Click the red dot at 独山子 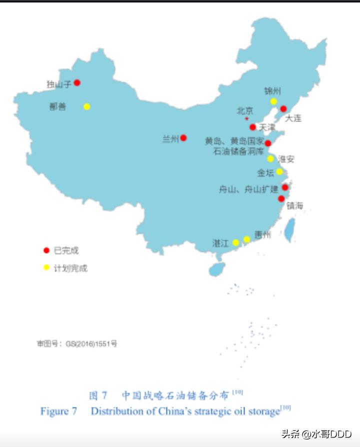77,82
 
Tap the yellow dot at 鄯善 86,106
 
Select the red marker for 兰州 183,137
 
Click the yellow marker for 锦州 273,101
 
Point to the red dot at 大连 283,109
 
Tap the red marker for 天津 253,127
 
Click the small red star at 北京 246,119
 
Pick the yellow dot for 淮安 270,159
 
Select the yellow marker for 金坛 279,171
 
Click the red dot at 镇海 281,198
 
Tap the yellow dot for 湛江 236,242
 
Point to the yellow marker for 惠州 246,239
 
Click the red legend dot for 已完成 46,250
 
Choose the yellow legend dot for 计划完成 46,267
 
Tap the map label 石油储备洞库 237,151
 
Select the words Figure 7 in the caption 59,411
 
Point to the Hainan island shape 217,269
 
